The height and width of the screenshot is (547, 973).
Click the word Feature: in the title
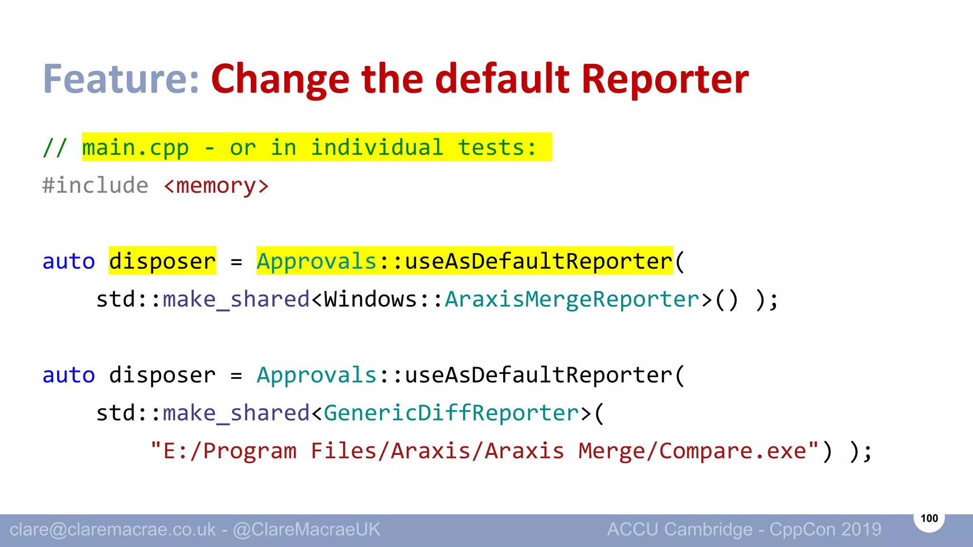coord(121,79)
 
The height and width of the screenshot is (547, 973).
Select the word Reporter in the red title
coord(665,79)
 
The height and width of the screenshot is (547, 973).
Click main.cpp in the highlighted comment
coord(135,148)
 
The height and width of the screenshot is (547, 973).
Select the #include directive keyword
coord(95,185)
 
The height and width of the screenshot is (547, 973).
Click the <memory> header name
coord(216,186)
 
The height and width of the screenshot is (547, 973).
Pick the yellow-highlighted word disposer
coord(162,261)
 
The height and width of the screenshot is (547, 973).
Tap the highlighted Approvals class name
coord(317,261)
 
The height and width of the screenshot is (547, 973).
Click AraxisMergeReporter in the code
coord(572,299)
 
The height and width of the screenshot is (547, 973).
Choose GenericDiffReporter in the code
coord(451,413)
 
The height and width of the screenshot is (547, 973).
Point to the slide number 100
coord(929,518)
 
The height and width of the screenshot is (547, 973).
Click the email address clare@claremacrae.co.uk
coord(113,529)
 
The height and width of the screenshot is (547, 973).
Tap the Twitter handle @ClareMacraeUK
coord(306,529)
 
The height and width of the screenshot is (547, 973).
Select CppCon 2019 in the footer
coord(825,529)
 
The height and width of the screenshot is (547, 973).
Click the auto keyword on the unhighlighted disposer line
coord(69,375)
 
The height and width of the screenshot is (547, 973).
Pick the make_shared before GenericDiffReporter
coord(236,413)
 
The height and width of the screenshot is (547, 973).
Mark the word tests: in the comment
coord(497,148)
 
